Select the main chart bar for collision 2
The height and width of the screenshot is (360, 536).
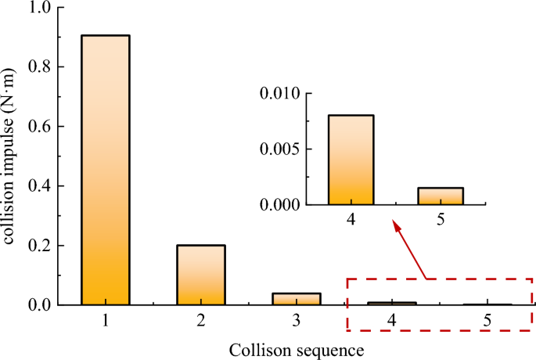201,275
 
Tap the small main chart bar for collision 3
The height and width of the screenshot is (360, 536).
297,299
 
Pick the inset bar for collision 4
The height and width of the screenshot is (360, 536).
351,160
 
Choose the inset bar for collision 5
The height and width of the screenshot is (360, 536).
441,196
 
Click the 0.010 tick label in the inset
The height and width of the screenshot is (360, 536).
281,94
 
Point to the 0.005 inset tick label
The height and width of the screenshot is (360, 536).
281,149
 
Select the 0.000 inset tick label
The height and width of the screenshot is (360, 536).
281,205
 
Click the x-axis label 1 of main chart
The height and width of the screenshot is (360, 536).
105,319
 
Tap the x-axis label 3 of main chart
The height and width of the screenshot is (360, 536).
297,319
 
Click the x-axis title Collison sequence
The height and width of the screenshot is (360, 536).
297,347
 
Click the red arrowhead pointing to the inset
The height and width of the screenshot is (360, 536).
396,226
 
